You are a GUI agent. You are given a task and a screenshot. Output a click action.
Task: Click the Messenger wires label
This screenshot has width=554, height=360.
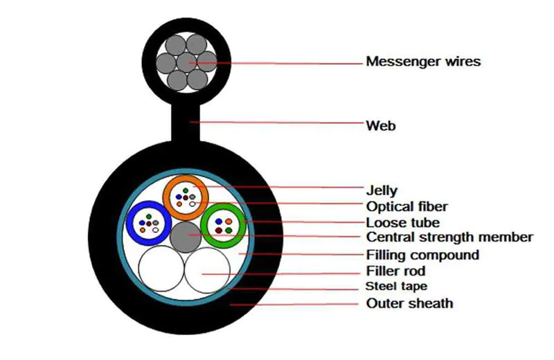[x=422, y=62]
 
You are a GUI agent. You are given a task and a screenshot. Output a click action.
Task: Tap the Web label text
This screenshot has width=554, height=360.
[x=380, y=126]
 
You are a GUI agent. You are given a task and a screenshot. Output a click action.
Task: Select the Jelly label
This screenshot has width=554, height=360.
[x=382, y=189]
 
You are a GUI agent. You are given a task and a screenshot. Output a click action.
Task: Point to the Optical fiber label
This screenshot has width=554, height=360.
[x=406, y=206]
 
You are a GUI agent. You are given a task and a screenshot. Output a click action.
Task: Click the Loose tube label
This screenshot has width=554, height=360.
[x=402, y=222]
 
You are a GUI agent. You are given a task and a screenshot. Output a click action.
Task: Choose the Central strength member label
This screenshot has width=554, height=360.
[x=449, y=237]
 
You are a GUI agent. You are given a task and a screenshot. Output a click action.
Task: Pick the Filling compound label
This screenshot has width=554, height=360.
[x=422, y=255]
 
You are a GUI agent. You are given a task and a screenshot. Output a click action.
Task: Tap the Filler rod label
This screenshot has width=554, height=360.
[x=395, y=271]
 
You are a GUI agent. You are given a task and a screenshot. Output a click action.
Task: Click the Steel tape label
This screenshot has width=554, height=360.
[x=396, y=287]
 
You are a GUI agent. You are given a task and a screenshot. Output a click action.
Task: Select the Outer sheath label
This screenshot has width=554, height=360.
[x=409, y=303]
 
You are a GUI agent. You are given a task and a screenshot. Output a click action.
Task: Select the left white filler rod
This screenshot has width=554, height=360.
[x=161, y=270]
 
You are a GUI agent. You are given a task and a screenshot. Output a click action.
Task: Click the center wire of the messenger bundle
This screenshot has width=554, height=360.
[x=186, y=62]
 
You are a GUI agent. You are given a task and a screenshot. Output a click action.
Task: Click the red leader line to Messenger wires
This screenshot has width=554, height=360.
[x=291, y=62]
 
